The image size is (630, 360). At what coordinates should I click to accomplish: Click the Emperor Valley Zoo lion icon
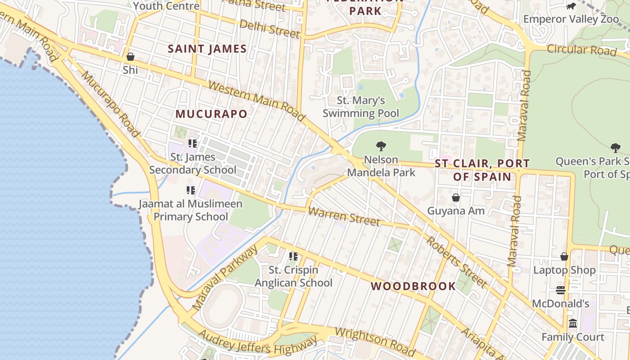click(571, 6)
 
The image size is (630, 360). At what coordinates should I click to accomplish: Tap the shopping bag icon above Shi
click(130, 57)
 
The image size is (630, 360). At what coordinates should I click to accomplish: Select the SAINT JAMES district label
click(207, 49)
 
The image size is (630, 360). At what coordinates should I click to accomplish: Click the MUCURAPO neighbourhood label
click(211, 114)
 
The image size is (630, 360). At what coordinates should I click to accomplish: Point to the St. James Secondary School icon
click(193, 144)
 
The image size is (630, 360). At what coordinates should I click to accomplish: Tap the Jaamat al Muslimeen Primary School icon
click(191, 190)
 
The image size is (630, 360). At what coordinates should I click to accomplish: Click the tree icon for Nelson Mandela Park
click(381, 146)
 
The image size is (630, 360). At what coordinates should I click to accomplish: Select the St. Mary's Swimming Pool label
click(361, 107)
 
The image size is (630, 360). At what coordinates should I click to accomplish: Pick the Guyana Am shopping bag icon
click(456, 198)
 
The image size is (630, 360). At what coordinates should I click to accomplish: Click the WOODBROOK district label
click(413, 286)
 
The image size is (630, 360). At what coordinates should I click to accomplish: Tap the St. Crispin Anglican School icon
click(293, 256)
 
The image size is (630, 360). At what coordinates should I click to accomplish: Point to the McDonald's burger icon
click(560, 290)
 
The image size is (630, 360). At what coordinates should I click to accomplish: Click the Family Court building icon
click(573, 324)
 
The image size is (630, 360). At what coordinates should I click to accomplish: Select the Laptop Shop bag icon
click(564, 256)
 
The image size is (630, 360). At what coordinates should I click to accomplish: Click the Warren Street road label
click(344, 216)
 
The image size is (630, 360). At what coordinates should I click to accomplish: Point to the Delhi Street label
click(270, 29)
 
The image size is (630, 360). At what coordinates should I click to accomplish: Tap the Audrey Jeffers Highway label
click(257, 343)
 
